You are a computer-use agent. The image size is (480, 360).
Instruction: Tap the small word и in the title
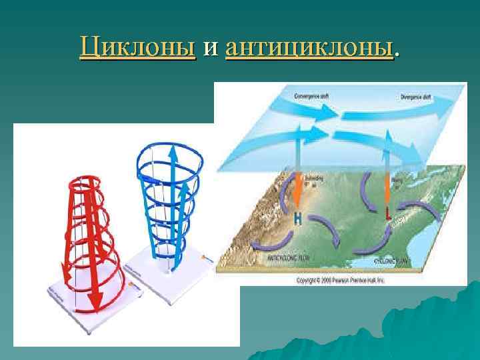pyautogui.click(x=211, y=49)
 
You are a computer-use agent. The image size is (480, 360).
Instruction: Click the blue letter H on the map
pyautogui.click(x=299, y=218)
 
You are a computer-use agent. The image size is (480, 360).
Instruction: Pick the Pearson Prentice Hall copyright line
pyautogui.click(x=340, y=280)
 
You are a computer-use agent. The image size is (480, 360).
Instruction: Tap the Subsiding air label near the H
pyautogui.click(x=313, y=181)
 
